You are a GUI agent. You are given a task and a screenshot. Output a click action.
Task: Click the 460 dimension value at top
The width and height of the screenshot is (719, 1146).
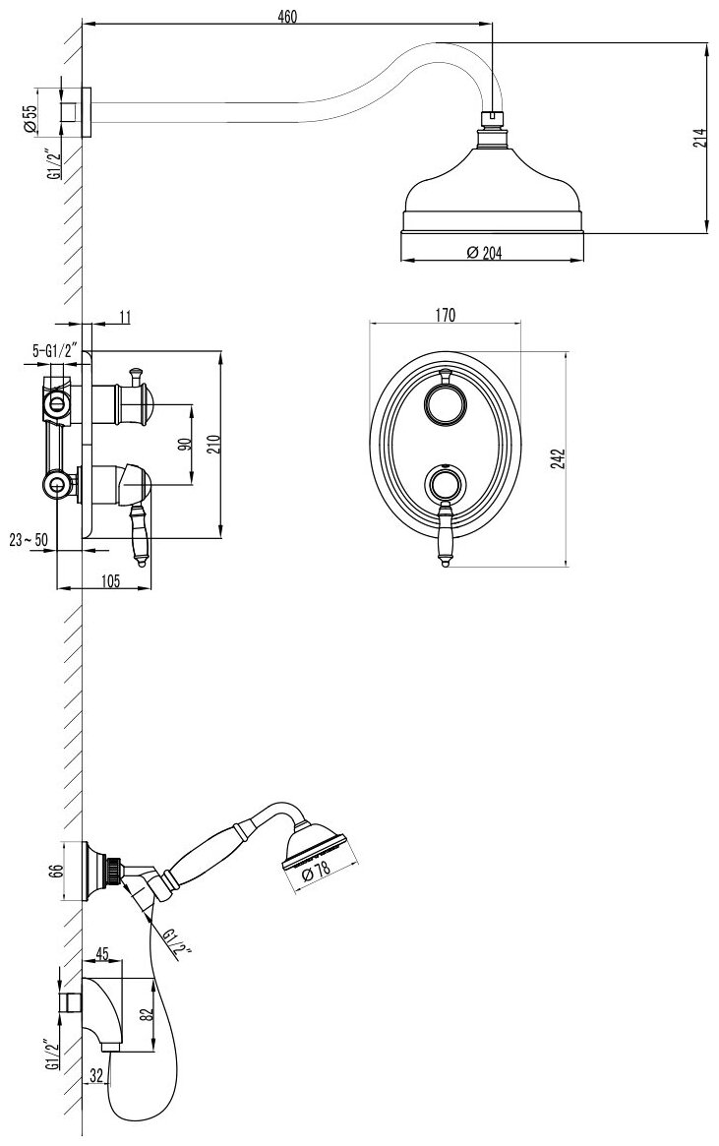[x=286, y=15]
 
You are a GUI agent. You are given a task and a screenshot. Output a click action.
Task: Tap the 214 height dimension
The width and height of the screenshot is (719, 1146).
[x=698, y=137]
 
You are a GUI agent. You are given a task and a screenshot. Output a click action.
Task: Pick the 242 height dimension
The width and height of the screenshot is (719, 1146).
[x=558, y=458]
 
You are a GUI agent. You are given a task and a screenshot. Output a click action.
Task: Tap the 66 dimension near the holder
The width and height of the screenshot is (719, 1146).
[x=57, y=870]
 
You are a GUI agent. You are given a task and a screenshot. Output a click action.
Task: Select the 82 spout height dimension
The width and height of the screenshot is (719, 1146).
[x=146, y=1016]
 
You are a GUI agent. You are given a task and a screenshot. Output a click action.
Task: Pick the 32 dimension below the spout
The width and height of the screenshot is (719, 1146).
[x=95, y=1075]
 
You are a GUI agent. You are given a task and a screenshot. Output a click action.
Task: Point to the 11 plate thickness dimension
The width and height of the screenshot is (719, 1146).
[x=124, y=316]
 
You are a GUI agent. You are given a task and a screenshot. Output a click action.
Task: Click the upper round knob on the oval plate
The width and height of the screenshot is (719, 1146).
[x=444, y=404]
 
